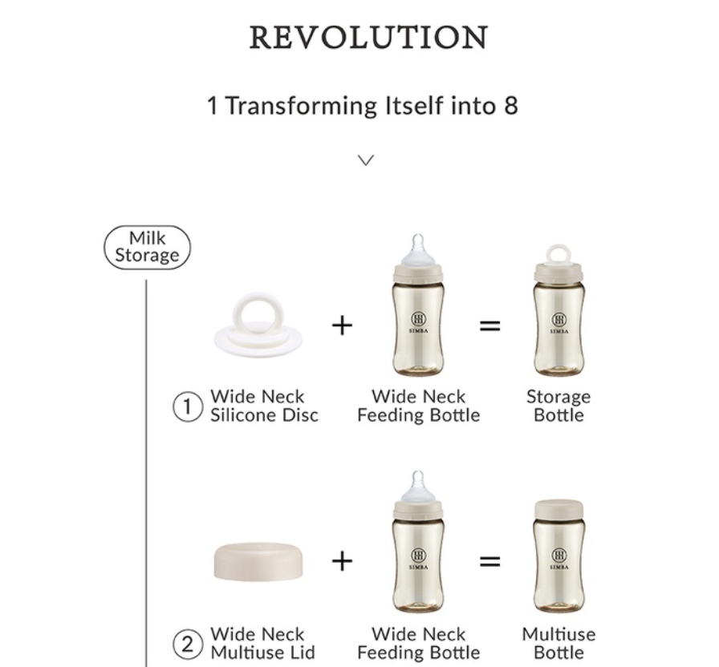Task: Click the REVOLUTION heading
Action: (368, 37)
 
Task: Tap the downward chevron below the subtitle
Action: (365, 160)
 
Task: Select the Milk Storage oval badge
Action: (147, 247)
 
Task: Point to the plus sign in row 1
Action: (342, 325)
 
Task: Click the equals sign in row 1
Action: (489, 325)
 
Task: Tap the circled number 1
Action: (188, 406)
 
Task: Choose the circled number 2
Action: (188, 644)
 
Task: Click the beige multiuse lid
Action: (258, 562)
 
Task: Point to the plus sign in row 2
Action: (342, 561)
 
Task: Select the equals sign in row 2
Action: (489, 561)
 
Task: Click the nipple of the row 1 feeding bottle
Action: (418, 249)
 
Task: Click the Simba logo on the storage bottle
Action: (559, 322)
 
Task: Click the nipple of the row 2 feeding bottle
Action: (418, 486)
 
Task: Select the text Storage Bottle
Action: (559, 406)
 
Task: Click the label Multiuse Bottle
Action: (559, 643)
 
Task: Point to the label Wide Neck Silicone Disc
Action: (264, 406)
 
